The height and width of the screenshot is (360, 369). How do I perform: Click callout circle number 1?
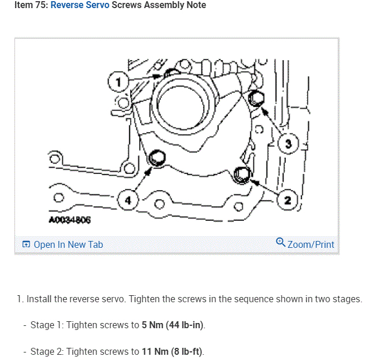coord(118,83)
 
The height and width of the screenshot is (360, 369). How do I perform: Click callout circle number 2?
coord(288,200)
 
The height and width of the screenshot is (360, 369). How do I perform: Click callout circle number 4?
coord(128,200)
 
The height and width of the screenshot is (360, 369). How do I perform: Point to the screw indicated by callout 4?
coord(156,157)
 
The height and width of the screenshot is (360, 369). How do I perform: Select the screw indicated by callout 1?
coord(171,73)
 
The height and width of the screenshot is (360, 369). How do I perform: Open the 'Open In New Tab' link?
coord(68,244)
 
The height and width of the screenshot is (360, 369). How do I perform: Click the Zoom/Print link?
coord(311,244)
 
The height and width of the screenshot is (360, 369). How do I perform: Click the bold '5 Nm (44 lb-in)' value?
coord(173,325)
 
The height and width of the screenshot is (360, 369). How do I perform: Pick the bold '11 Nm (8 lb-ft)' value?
coord(172,351)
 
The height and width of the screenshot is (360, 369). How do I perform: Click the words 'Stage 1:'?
coord(47,325)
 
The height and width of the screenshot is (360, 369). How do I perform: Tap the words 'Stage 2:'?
coord(47,351)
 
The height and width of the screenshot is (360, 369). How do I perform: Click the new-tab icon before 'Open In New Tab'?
coord(26,244)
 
